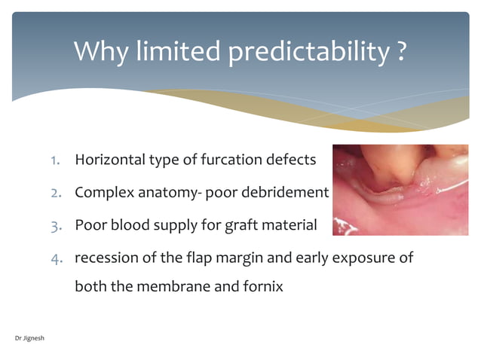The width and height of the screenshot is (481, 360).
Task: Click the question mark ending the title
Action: point(402,52)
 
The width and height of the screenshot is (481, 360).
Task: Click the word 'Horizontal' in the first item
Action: point(109,160)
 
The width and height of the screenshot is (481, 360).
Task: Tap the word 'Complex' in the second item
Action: point(103,192)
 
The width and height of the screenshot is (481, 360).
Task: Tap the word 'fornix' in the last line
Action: point(262,287)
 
